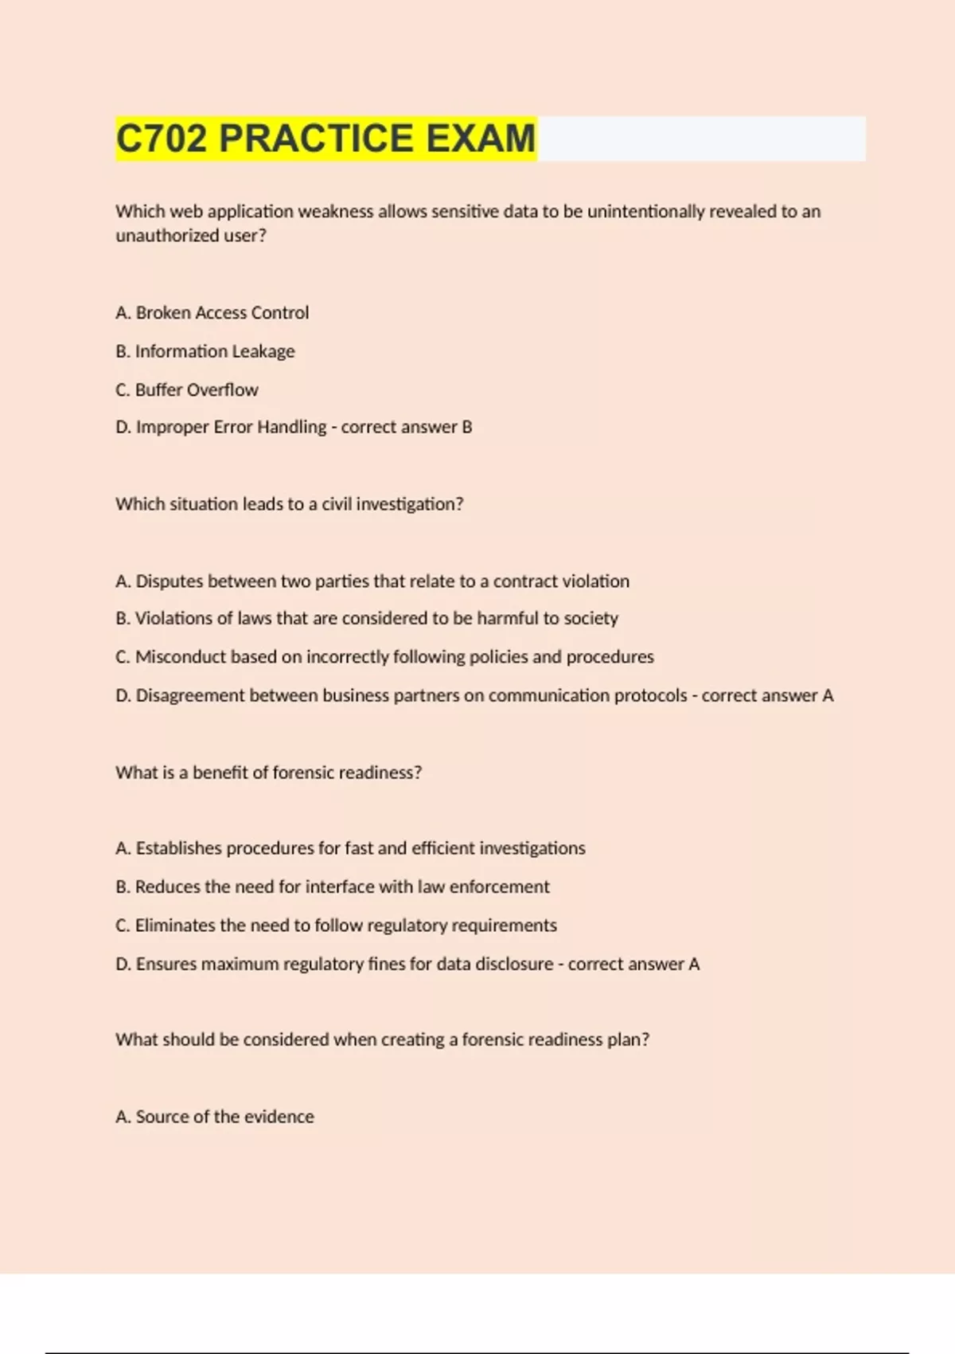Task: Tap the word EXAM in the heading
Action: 481,139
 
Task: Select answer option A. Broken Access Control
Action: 212,313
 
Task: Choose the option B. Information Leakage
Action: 205,351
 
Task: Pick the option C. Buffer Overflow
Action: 187,389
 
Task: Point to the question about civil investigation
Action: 289,504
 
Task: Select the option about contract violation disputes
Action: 372,581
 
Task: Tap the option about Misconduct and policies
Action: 384,657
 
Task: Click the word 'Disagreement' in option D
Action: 190,695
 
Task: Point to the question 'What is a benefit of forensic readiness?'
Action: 268,773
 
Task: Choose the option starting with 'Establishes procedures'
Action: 350,848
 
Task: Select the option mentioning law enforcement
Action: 333,886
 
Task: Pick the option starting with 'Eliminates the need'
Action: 336,925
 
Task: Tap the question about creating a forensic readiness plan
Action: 382,1039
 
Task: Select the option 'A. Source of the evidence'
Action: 215,1117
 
